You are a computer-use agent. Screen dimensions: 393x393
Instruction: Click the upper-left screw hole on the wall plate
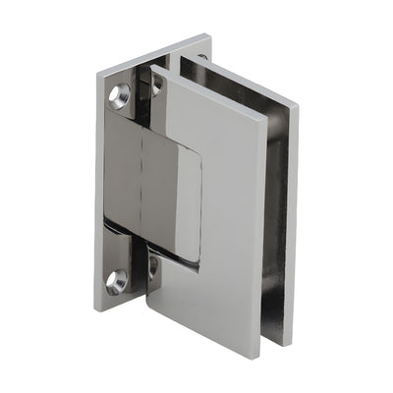click(x=120, y=96)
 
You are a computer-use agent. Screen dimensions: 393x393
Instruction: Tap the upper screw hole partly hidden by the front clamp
click(x=154, y=85)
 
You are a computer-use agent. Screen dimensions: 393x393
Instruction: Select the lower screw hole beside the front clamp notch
click(x=152, y=265)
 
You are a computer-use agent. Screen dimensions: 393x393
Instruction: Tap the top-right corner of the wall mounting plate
click(x=210, y=35)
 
